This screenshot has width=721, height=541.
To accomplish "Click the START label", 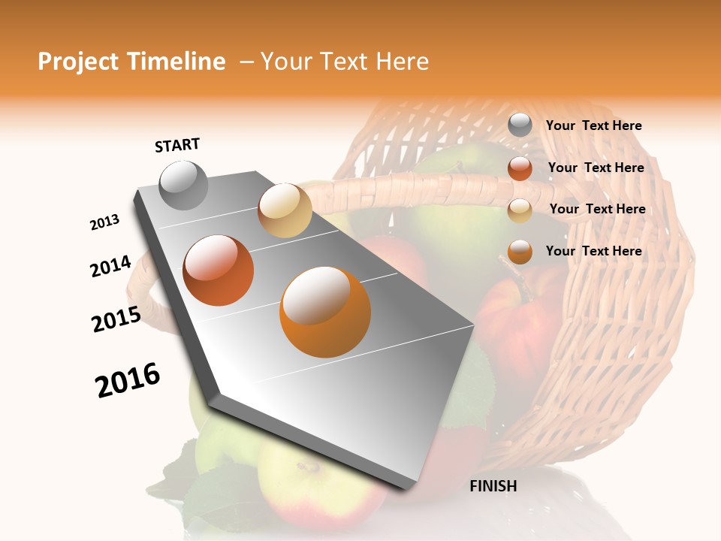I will [x=177, y=145].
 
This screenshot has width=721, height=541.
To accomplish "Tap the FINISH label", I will [x=493, y=486].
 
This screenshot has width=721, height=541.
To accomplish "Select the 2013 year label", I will [x=104, y=222].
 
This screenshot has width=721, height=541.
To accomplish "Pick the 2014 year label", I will [x=110, y=267].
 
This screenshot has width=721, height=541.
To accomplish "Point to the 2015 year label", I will [x=116, y=319].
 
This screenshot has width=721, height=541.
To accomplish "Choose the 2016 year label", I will [x=128, y=380].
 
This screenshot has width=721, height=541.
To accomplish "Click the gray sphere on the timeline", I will [x=184, y=185].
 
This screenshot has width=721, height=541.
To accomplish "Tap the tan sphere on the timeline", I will [x=285, y=210].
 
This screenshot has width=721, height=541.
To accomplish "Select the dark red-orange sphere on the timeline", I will [x=219, y=270].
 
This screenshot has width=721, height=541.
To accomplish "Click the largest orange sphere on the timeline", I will [x=325, y=313].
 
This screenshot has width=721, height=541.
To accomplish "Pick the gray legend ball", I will [x=520, y=125].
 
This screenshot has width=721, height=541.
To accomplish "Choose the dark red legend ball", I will [x=520, y=168].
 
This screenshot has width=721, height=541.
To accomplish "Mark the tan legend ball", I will [x=520, y=210].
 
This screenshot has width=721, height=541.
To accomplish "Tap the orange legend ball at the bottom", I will [x=520, y=252].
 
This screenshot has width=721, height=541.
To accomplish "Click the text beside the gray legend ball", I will [x=593, y=126].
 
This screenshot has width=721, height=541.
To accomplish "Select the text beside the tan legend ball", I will [x=597, y=209].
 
